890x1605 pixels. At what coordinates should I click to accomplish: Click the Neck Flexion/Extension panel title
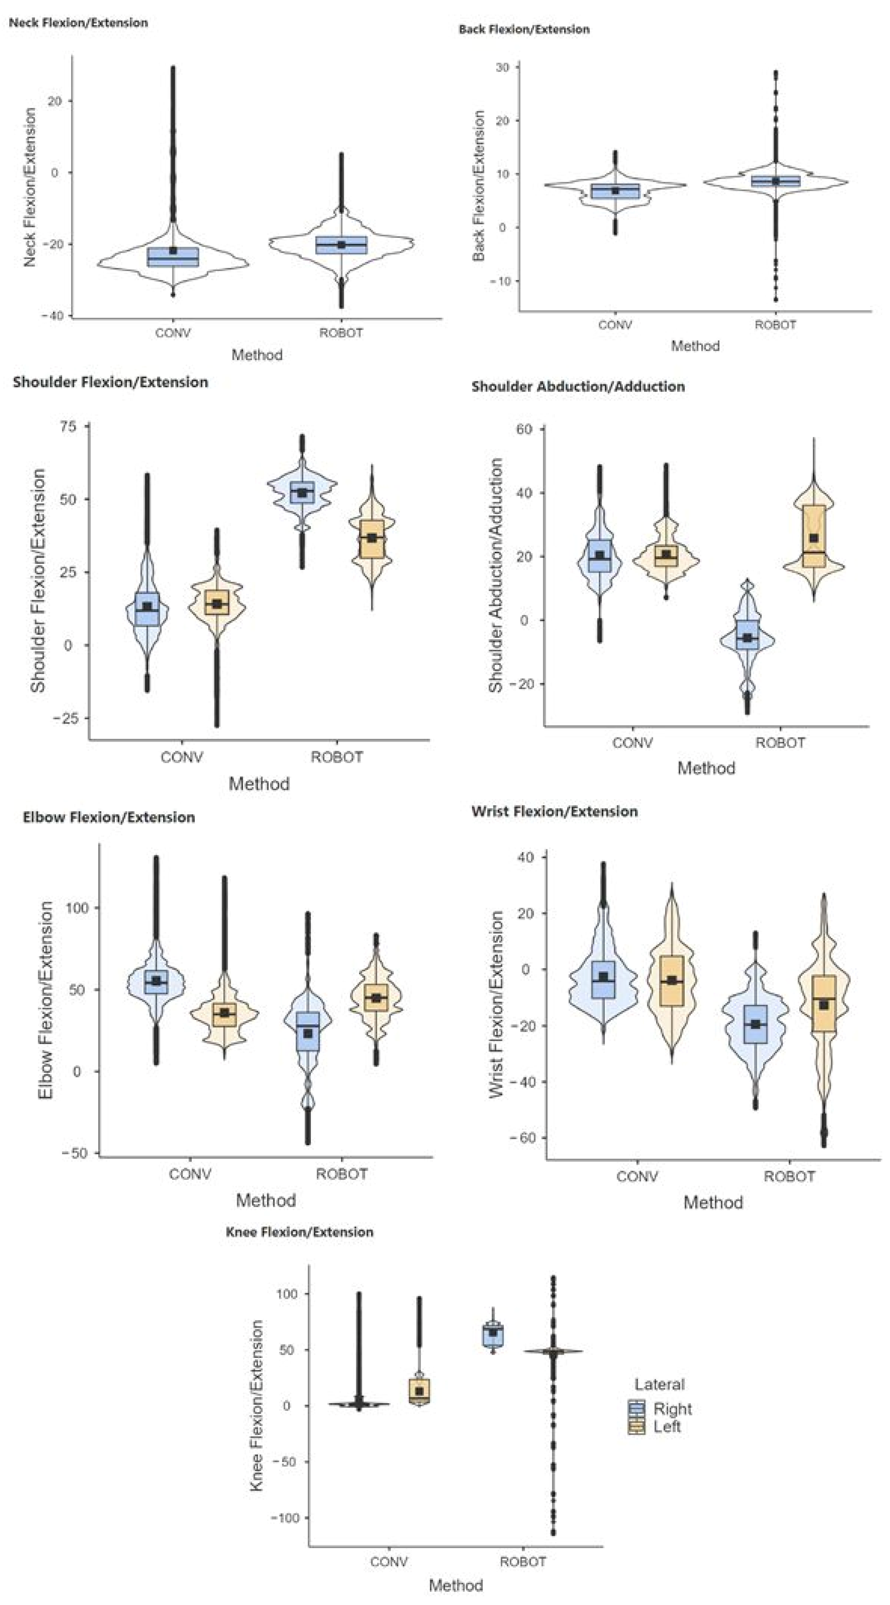pos(78,23)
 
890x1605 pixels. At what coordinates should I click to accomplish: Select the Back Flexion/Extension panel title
pos(524,29)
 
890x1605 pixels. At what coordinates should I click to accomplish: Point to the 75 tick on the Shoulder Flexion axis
pos(68,427)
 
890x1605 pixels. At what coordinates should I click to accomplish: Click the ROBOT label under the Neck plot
pos(341,333)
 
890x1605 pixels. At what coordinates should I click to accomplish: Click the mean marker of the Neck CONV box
pos(173,250)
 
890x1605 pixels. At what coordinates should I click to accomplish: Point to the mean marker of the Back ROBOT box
pos(775,181)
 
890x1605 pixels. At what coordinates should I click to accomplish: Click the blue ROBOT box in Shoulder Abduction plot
pos(747,635)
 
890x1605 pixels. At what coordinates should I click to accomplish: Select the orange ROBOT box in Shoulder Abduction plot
pos(813,536)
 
